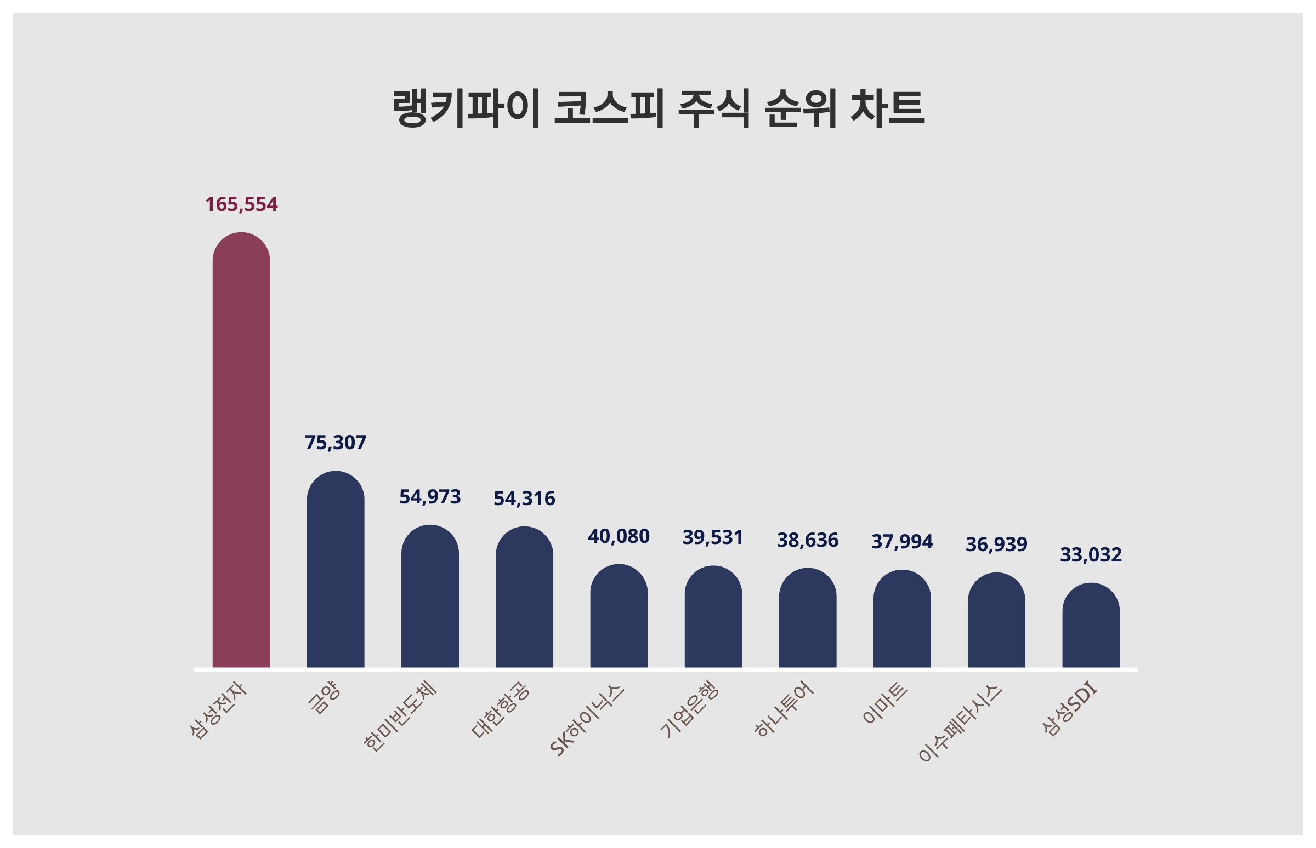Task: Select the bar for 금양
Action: [335, 569]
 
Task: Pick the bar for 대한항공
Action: [524, 598]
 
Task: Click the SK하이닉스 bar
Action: [619, 616]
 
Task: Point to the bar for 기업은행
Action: [713, 617]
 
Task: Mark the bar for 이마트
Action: [901, 619]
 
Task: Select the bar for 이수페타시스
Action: [996, 621]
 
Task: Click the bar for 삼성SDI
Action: [1091, 626]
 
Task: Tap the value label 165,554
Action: [241, 204]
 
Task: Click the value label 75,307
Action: [335, 442]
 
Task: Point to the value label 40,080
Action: [619, 536]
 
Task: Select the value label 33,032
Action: [1091, 554]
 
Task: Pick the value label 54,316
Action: [524, 499]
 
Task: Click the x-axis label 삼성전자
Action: [218, 710]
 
